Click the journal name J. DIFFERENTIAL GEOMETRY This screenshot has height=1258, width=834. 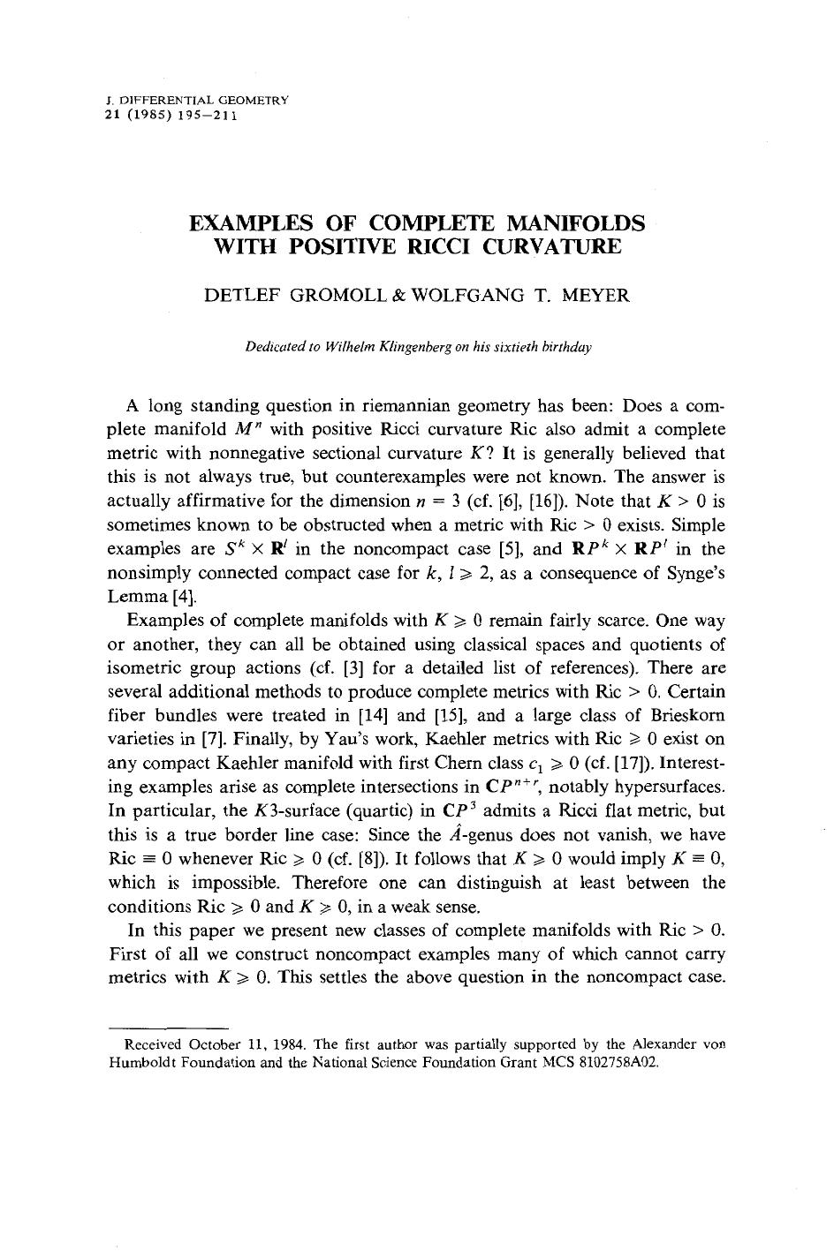click(x=196, y=101)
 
